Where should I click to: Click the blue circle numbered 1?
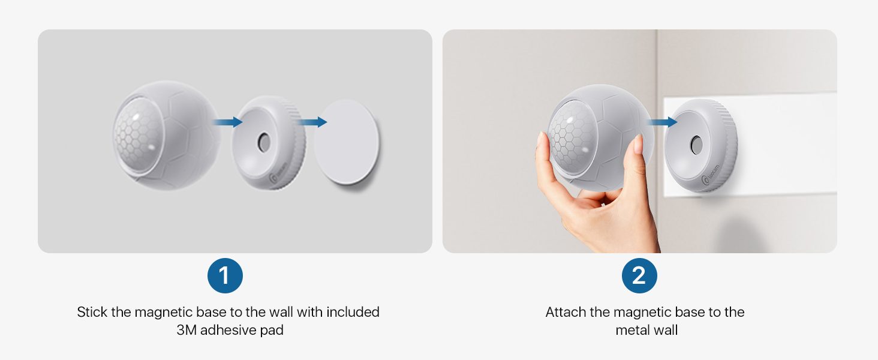(225, 275)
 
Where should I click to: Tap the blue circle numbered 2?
(639, 275)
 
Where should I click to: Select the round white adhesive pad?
(347, 142)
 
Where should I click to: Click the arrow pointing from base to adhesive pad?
(312, 122)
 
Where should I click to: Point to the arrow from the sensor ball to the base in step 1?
(227, 122)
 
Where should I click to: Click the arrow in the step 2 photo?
(662, 122)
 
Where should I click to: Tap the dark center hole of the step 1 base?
(263, 142)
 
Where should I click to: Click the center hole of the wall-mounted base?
(696, 145)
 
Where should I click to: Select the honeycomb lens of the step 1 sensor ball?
(137, 135)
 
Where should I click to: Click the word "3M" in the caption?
(186, 330)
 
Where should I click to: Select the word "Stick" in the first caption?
(92, 312)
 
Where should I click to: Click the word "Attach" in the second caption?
(566, 312)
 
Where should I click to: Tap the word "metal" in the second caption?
(633, 330)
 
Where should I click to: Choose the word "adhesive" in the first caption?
(228, 330)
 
